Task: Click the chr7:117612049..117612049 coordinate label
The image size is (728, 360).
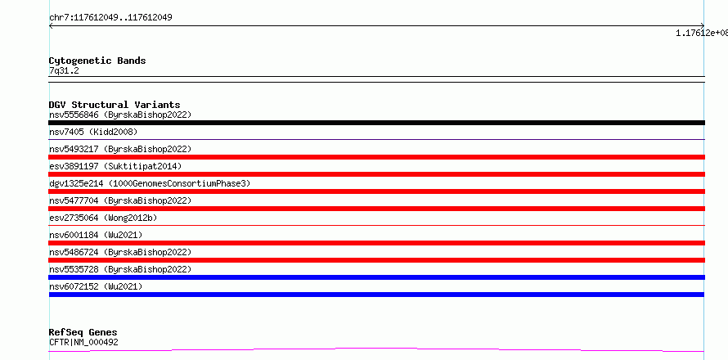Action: pos(110,18)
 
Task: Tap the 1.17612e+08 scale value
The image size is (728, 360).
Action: pos(702,33)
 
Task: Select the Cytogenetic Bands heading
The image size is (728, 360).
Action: pos(97,61)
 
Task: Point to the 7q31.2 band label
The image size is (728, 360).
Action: pos(64,71)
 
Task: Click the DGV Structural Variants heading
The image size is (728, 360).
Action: pos(115,105)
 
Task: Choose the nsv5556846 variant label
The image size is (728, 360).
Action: pos(120,115)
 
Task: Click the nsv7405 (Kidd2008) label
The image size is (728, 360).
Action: pos(93,132)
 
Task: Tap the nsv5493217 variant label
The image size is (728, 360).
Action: pos(120,149)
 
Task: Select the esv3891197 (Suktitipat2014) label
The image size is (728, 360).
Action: pos(115,166)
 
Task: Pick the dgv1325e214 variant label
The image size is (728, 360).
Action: pos(150,183)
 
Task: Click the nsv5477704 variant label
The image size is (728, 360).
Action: pos(120,200)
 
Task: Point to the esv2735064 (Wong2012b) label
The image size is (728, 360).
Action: pos(103,218)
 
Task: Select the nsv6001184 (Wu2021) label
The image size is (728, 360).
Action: pos(96,235)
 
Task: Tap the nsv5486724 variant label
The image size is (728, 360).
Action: pos(120,252)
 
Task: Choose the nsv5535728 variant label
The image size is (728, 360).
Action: pos(120,269)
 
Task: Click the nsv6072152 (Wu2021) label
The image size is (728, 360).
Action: pos(96,286)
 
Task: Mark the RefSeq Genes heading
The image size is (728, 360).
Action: pos(83,332)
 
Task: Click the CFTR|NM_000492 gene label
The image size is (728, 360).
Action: pos(83,342)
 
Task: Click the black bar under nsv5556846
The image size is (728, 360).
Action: pos(376,123)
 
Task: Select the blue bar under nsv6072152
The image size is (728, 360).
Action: pos(376,295)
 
